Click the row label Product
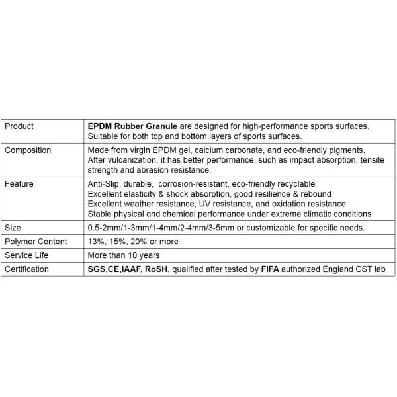(x=19, y=126)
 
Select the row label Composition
(x=28, y=150)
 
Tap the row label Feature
(x=20, y=183)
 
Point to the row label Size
(x=13, y=228)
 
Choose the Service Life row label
(x=27, y=255)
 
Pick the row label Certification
(x=27, y=269)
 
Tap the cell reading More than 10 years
(x=124, y=255)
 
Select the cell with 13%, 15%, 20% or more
(x=133, y=242)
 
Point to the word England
(x=333, y=269)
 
